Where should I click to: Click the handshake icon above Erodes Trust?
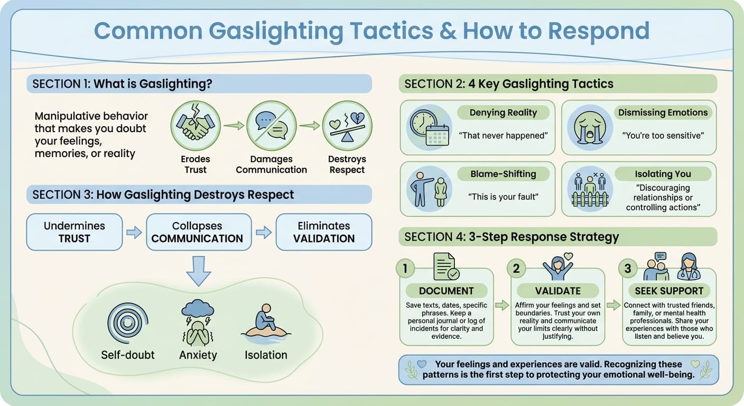pyautogui.click(x=196, y=126)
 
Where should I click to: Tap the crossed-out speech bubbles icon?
pyautogui.click(x=271, y=126)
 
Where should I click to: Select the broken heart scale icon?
pyautogui.click(x=347, y=126)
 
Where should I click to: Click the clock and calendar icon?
pyautogui.click(x=429, y=128)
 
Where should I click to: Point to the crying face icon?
pyautogui.click(x=590, y=128)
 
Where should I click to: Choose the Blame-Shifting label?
pyautogui.click(x=503, y=174)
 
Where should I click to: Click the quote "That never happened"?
pyautogui.click(x=503, y=136)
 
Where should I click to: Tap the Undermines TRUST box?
pyautogui.click(x=75, y=232)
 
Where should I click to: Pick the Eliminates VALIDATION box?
pyautogui.click(x=324, y=232)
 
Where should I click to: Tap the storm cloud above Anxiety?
pyautogui.click(x=197, y=308)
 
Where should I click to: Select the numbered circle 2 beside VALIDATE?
pyautogui.click(x=516, y=269)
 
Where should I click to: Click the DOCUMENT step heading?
pyautogui.click(x=446, y=291)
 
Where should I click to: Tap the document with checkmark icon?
pyautogui.click(x=446, y=266)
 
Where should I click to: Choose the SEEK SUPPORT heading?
pyautogui.click(x=668, y=291)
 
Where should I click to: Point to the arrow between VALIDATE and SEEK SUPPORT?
pyautogui.click(x=613, y=305)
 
